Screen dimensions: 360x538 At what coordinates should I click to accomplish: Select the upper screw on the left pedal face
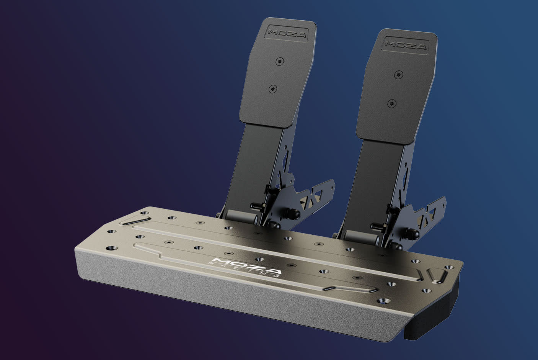tap(280, 61)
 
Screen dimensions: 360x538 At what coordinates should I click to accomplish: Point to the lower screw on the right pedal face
tap(391, 103)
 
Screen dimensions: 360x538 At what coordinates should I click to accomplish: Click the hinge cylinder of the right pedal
tap(362, 237)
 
